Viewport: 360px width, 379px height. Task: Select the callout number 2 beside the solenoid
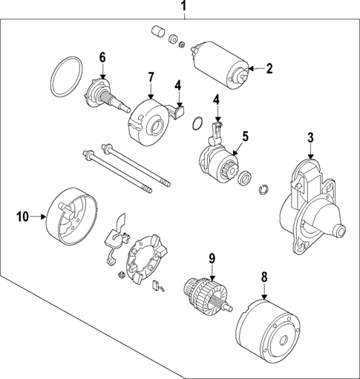tap(269, 69)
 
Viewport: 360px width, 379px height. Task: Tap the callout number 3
tap(310, 137)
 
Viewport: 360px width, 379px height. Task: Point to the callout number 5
tap(245, 136)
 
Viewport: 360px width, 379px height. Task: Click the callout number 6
tap(102, 56)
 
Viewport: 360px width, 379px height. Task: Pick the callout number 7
tap(150, 77)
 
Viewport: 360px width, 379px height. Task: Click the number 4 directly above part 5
tap(216, 99)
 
